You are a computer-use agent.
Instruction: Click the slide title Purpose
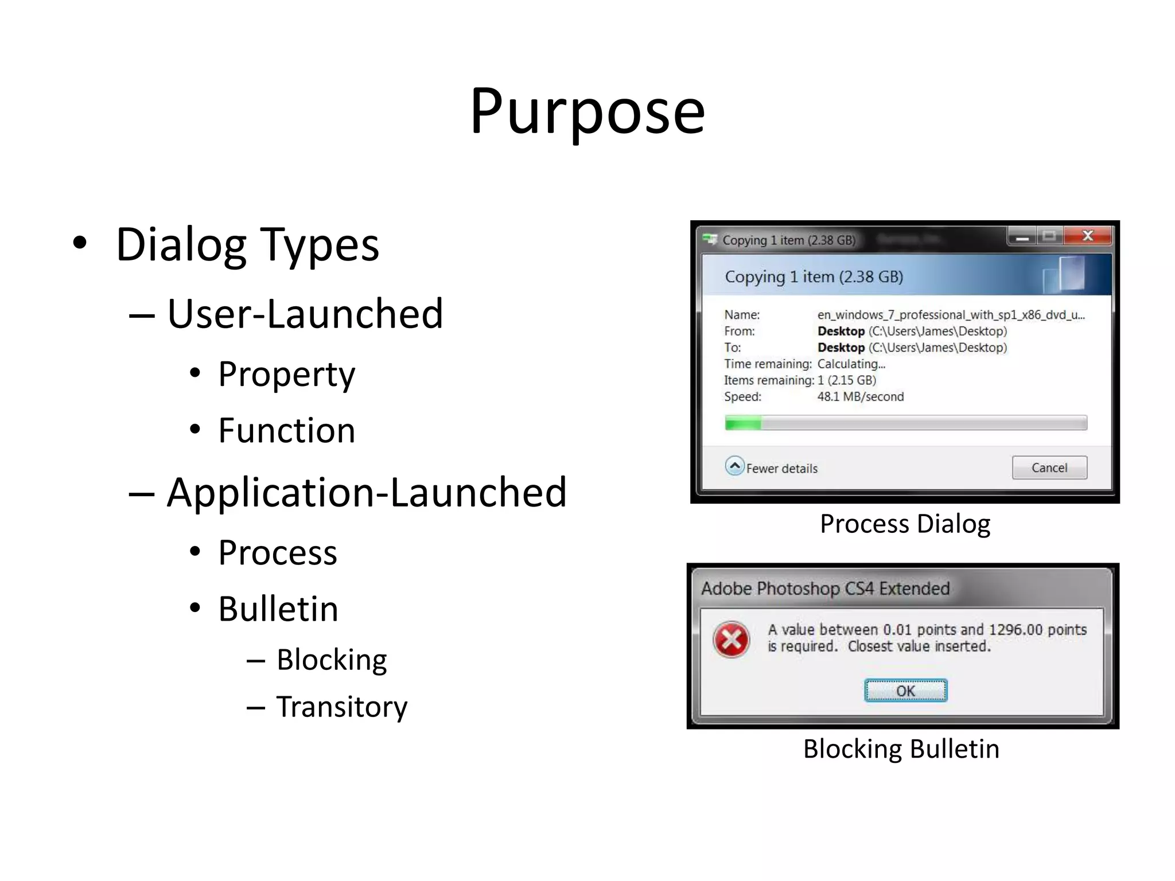tap(587, 111)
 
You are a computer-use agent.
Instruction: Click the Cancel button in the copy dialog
tap(1049, 467)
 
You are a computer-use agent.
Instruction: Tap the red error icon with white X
tap(731, 639)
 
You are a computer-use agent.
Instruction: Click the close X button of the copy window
tap(1087, 236)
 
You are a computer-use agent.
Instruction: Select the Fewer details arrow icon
tap(734, 466)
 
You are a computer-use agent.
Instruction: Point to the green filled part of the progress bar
tap(743, 424)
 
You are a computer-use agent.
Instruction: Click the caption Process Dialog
tap(905, 524)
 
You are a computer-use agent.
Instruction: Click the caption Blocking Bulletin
tap(901, 749)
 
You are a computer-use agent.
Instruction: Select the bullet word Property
tap(286, 375)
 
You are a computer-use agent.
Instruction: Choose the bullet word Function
tap(287, 430)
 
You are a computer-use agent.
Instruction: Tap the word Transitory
tap(341, 707)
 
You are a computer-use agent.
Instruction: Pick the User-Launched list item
tap(305, 314)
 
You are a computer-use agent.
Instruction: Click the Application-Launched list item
tap(367, 492)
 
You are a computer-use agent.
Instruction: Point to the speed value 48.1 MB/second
tap(860, 396)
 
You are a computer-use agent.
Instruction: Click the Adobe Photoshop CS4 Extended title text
tap(825, 588)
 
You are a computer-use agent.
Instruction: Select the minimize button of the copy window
tap(1022, 236)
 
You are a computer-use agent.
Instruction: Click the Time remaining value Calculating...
tap(851, 364)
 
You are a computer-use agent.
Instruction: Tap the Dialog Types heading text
tap(247, 245)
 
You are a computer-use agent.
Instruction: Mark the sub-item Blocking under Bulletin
tap(332, 660)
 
